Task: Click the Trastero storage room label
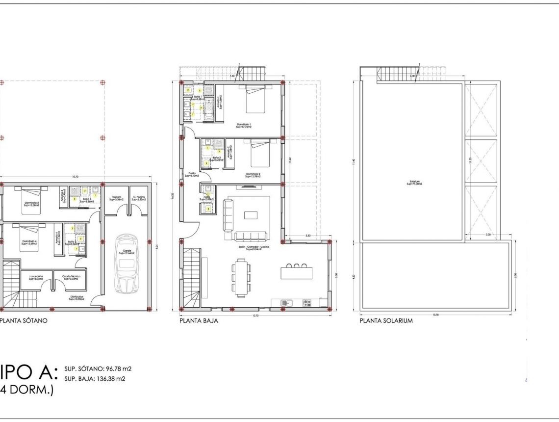(116, 198)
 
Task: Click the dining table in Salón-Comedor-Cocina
(241, 278)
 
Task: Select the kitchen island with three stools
(296, 272)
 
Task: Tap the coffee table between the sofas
(250, 214)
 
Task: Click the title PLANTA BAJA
(199, 321)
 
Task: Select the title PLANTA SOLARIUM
(386, 321)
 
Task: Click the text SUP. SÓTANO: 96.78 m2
(98, 368)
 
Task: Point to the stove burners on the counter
(307, 303)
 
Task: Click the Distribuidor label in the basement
(76, 298)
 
